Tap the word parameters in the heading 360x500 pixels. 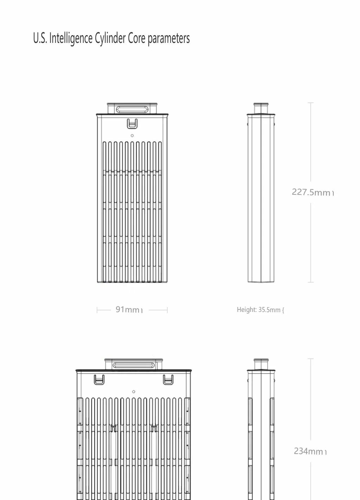click(168, 38)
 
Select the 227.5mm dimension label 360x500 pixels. click(311, 192)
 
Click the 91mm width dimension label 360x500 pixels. click(128, 310)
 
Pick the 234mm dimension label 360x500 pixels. click(309, 451)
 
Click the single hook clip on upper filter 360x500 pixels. click(132, 124)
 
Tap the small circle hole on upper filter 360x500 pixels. click(132, 136)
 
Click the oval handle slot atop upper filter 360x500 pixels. click(132, 109)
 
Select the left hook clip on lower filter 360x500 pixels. click(99, 379)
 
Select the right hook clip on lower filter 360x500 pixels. click(168, 379)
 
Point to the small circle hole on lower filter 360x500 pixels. click(134, 392)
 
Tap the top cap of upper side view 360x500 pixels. click(261, 108)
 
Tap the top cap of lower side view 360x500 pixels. click(261, 364)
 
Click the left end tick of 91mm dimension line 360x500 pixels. click(97, 310)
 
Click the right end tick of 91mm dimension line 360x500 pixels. click(167, 310)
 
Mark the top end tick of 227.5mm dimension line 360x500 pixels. click(310, 103)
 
